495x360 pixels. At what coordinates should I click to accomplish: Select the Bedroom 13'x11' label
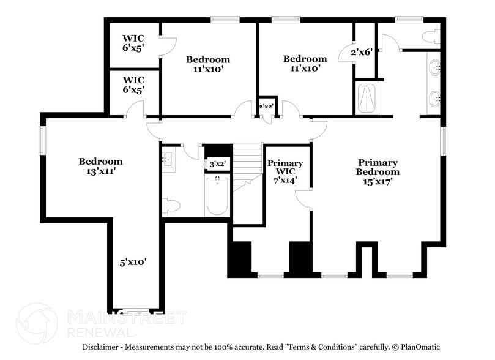click(100, 166)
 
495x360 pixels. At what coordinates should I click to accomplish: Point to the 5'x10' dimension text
click(133, 262)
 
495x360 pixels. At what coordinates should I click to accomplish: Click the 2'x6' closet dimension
click(362, 53)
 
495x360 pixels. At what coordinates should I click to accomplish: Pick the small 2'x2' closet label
click(266, 107)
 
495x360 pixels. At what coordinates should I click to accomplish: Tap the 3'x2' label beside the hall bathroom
click(217, 164)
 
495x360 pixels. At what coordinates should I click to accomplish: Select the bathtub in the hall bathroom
click(217, 195)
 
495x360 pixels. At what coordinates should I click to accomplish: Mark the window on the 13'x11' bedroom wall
click(42, 140)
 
